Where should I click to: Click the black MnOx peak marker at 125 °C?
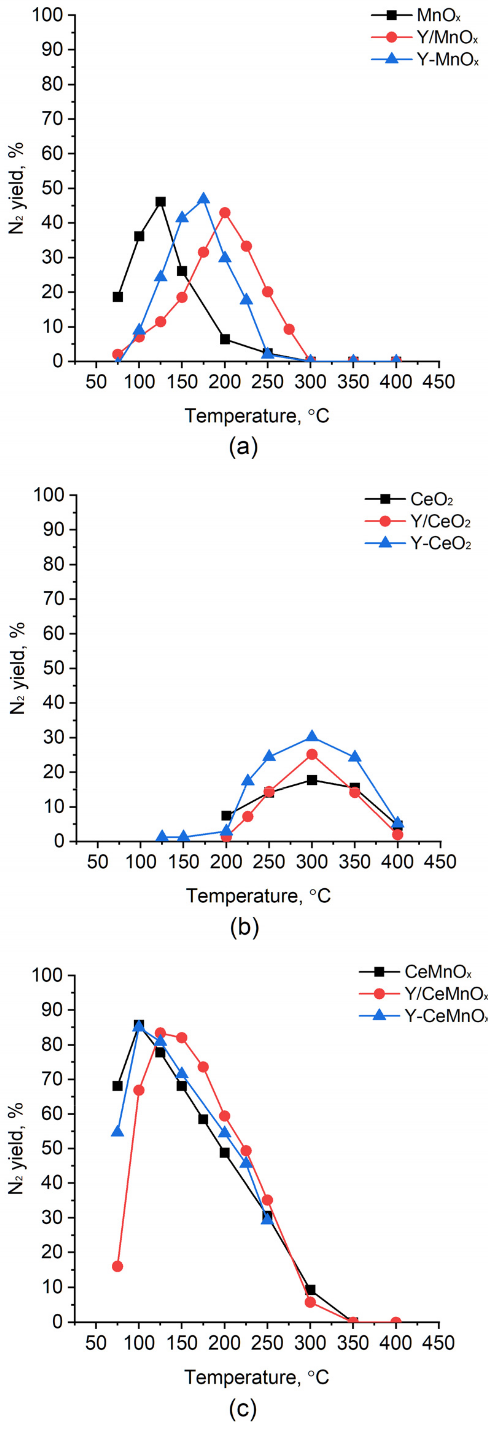tap(161, 201)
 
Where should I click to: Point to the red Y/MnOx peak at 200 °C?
tap(225, 213)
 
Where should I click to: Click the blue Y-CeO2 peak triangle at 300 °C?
tap(312, 737)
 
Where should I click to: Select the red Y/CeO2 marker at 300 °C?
tap(312, 754)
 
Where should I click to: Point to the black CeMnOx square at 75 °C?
tap(117, 1086)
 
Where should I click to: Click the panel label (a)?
tap(243, 446)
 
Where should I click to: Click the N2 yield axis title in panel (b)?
tap(18, 669)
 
